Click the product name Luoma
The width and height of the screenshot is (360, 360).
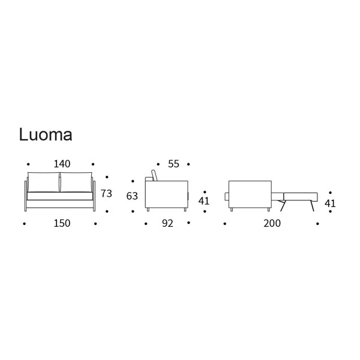tap(46, 134)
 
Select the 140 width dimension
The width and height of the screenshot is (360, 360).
tap(62, 164)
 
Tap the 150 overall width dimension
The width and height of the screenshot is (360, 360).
tap(62, 223)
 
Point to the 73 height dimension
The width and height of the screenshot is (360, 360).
tap(106, 194)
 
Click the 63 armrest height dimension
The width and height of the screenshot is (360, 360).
tap(132, 196)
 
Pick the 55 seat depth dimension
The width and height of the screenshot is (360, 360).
tap(173, 164)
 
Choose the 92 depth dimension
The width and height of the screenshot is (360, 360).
tap(167, 223)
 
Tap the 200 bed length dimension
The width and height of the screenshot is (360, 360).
tap(272, 223)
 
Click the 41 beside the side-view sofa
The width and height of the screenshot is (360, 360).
tap(204, 201)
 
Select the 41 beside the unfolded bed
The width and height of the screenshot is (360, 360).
tap(330, 203)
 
